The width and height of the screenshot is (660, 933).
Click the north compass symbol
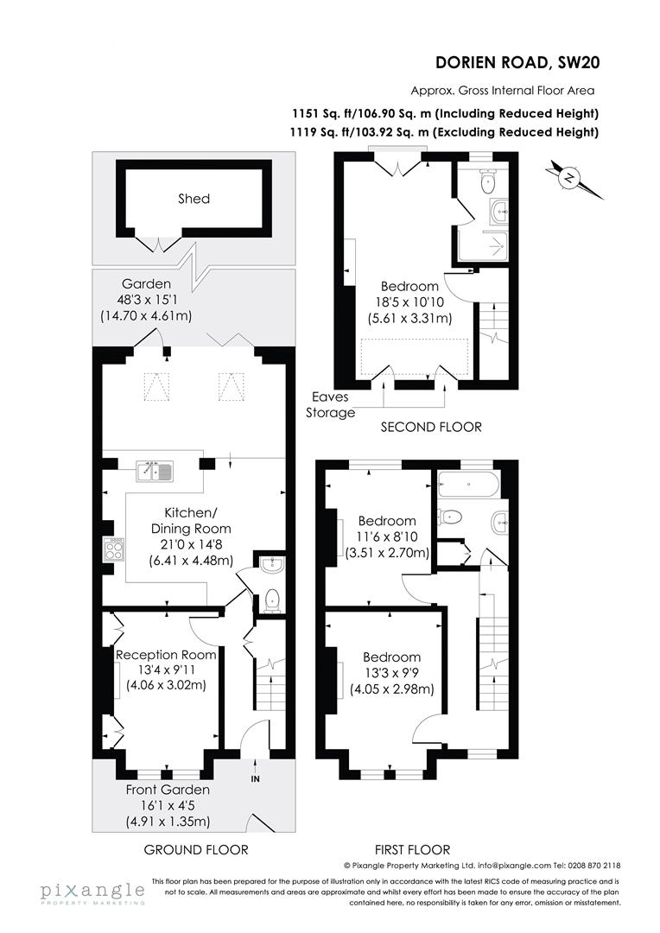coord(570,179)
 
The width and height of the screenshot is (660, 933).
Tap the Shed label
coord(194,199)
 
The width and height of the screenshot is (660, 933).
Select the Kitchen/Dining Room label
coord(192,521)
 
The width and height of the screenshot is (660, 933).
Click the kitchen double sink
coord(155,472)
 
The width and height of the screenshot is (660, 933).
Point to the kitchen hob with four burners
coord(113,549)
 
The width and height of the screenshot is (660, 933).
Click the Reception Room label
coord(166,655)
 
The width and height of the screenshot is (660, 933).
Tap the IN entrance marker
coord(255,778)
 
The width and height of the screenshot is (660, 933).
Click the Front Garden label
coord(168,790)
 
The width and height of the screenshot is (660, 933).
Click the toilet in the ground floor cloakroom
coord(271,599)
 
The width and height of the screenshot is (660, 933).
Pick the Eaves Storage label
coord(330,406)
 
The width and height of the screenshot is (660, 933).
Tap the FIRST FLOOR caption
coord(413,849)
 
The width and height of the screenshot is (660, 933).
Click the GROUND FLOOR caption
coord(196,849)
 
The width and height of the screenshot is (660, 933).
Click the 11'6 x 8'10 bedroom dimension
coord(387,537)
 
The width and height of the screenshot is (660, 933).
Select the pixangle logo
coord(92,892)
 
